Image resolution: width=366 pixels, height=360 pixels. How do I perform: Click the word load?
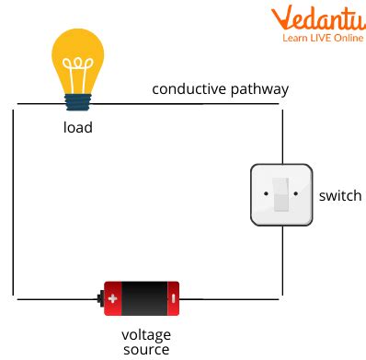77,127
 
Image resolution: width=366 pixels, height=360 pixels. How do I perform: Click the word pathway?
261,89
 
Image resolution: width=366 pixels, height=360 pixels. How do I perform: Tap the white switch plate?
281,195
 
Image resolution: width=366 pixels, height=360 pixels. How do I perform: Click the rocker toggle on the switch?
281,194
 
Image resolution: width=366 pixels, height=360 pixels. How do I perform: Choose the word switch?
339,196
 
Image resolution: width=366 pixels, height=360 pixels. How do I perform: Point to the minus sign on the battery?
172,297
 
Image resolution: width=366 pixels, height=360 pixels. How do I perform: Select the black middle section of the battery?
143,297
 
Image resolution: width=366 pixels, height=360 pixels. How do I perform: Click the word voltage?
146,334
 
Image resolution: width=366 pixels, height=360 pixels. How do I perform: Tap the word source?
145,349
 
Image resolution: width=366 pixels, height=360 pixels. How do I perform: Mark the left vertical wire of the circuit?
14,203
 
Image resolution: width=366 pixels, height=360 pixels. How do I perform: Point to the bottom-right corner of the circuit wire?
280,297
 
